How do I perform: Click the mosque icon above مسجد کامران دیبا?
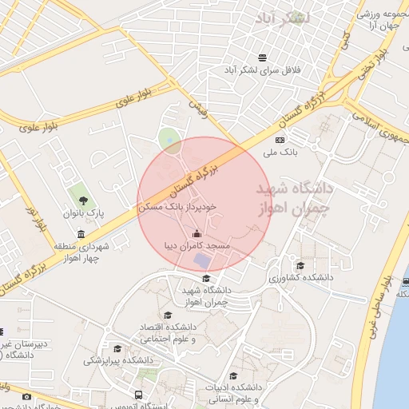click(x=197, y=233)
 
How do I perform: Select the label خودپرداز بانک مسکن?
click(x=177, y=206)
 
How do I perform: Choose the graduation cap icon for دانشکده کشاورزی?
click(x=300, y=265)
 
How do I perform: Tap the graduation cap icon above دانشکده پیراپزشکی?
click(x=117, y=348)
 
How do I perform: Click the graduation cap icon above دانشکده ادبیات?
click(x=233, y=375)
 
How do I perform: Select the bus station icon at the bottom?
click(x=139, y=395)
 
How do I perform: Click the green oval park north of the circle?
click(x=169, y=141)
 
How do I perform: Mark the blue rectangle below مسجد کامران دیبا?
click(x=204, y=261)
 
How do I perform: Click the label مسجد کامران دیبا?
click(x=197, y=246)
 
